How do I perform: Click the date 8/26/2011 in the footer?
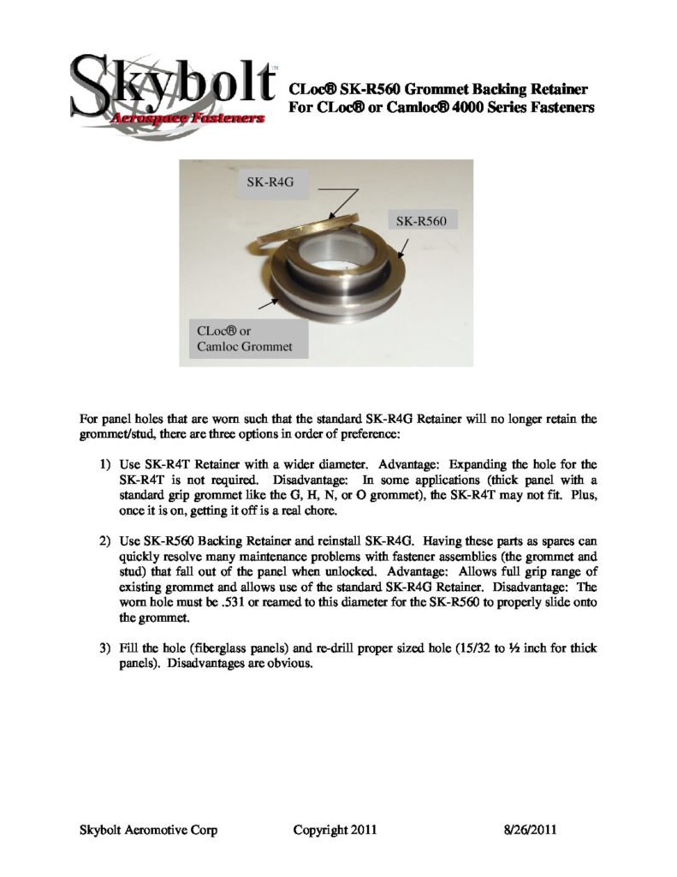click(x=530, y=830)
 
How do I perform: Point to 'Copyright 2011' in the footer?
click(x=335, y=830)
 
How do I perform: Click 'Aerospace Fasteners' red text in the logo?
click(x=188, y=120)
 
